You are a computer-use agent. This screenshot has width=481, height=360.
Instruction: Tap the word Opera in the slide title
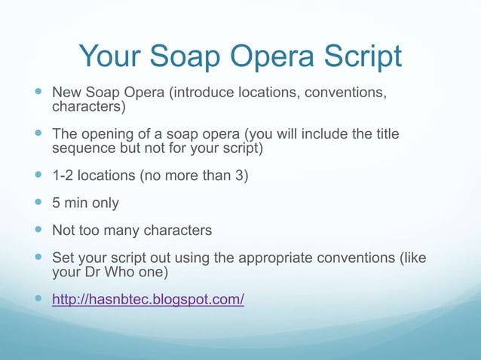click(286, 56)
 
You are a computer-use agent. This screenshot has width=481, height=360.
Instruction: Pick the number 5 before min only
click(56, 203)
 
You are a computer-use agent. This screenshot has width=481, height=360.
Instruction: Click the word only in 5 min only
click(103, 203)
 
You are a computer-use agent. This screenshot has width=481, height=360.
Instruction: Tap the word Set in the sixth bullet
click(63, 258)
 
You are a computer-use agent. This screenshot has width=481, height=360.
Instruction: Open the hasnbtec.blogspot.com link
click(148, 300)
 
